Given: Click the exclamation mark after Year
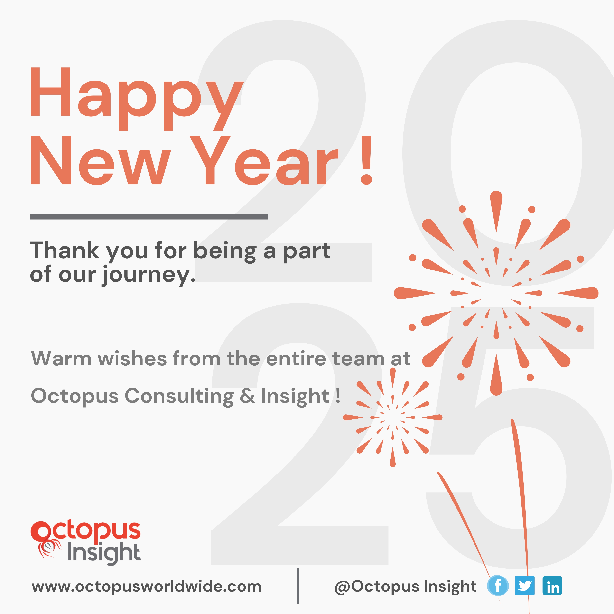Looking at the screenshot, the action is pyautogui.click(x=366, y=160).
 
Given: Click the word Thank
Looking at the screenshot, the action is pyautogui.click(x=65, y=251).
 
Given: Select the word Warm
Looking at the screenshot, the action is pyautogui.click(x=61, y=359).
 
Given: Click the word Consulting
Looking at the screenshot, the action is pyautogui.click(x=179, y=396).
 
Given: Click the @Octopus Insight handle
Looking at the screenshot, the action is pyautogui.click(x=405, y=587).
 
